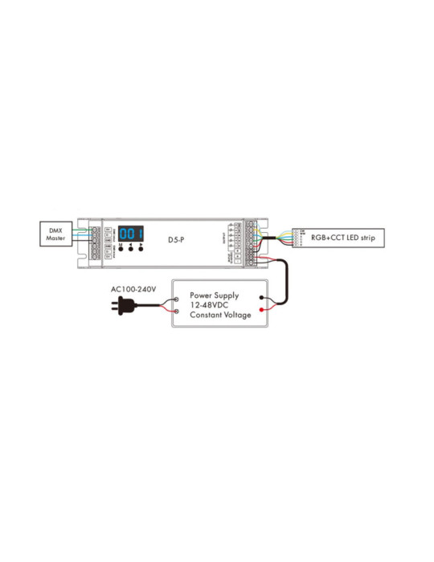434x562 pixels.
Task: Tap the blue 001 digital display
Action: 131,234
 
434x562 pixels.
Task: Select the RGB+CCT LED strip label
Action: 348,238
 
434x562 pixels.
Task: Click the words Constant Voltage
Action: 220,316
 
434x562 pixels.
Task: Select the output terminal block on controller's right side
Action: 250,241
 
